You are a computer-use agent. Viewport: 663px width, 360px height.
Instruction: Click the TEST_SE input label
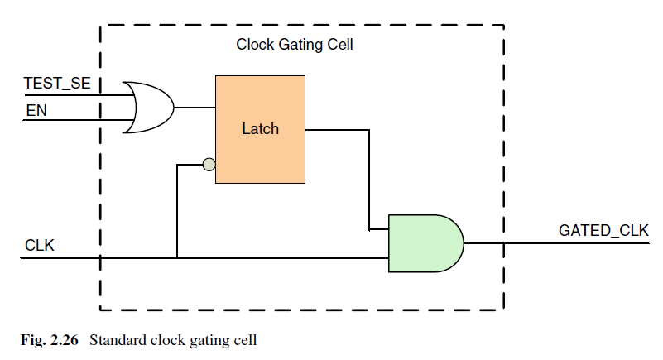(57, 84)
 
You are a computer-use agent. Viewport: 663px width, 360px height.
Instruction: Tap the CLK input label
(39, 246)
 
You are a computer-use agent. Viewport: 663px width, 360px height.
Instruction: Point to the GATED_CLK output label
(603, 231)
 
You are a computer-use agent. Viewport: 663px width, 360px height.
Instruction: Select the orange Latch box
(260, 129)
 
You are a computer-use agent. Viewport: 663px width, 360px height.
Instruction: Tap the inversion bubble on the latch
(209, 165)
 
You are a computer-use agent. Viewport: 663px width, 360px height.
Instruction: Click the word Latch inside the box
(260, 129)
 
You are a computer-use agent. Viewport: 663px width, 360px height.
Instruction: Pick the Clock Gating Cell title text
(295, 45)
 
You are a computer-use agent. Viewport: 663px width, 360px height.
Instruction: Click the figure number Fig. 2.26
(50, 338)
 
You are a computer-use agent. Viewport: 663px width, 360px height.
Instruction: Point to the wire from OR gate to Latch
(195, 108)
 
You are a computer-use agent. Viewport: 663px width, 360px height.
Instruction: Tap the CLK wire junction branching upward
(177, 257)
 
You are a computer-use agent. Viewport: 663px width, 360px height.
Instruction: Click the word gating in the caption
(213, 339)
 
